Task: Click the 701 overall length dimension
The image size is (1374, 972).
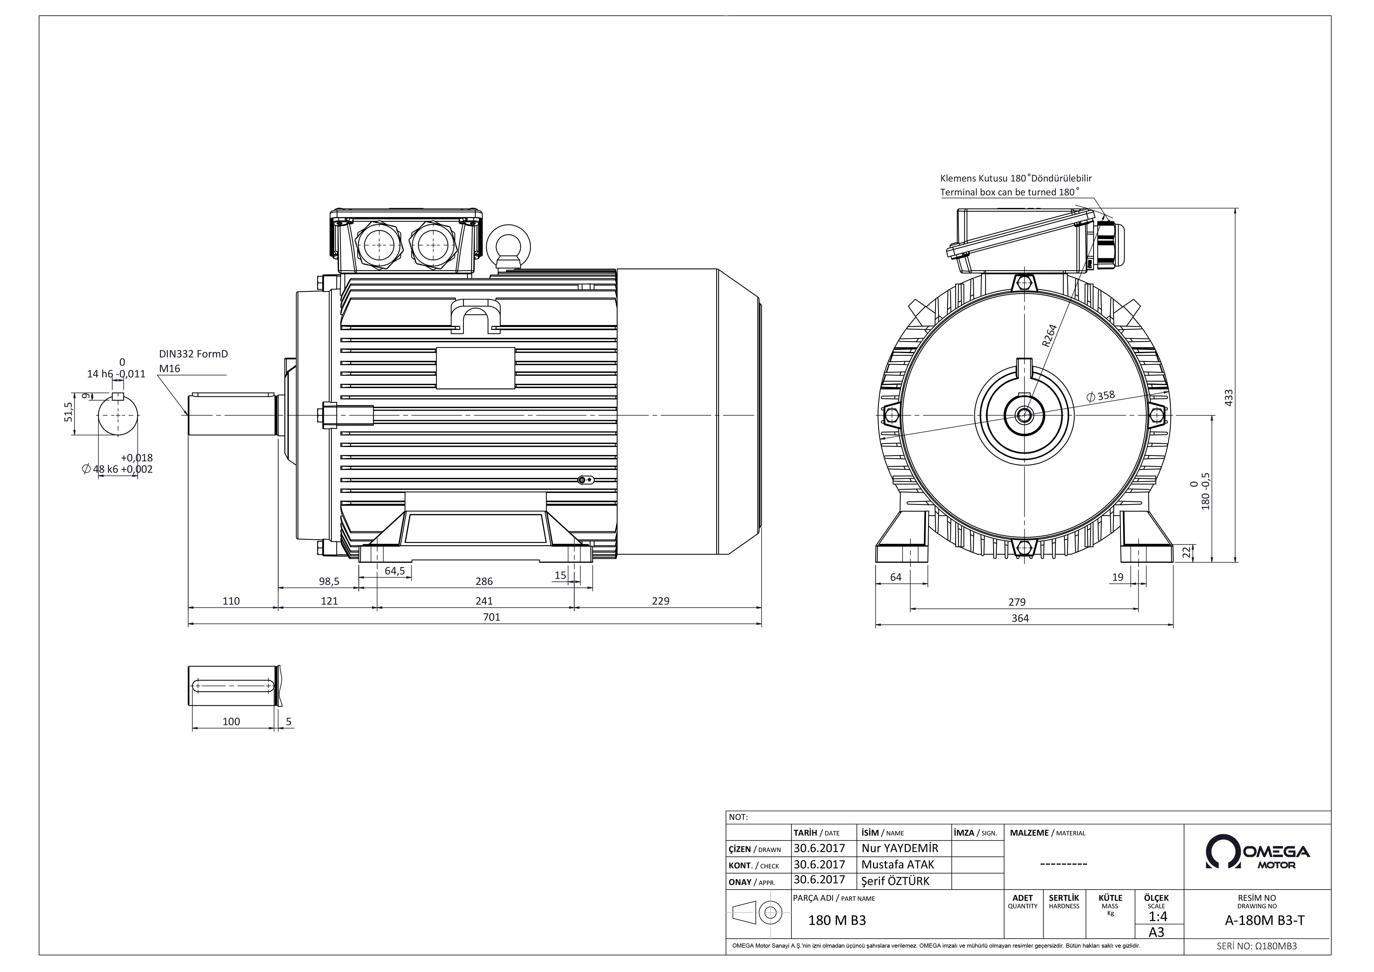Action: (491, 617)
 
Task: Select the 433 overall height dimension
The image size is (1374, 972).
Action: (1229, 398)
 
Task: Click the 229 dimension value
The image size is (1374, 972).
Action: (661, 601)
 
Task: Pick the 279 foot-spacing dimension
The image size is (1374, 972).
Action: (1017, 602)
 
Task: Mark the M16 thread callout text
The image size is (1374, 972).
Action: (169, 369)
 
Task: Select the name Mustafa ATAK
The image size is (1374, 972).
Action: (898, 864)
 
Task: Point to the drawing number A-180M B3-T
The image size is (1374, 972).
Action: (1265, 920)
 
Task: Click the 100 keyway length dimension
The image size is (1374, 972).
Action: (231, 722)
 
